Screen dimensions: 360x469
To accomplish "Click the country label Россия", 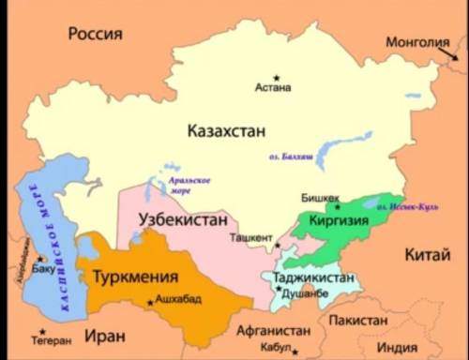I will [95, 34].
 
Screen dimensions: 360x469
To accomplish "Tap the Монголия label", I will [417, 42].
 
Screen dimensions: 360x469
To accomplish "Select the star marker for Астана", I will [276, 77].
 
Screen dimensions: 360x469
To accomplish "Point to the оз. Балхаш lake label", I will [289, 156].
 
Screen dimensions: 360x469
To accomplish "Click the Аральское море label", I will [189, 185].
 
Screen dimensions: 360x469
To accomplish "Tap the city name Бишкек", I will [320, 198].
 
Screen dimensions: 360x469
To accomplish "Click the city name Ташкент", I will [250, 238].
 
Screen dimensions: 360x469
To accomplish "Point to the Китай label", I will [427, 255].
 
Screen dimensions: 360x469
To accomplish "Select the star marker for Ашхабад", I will [150, 302].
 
